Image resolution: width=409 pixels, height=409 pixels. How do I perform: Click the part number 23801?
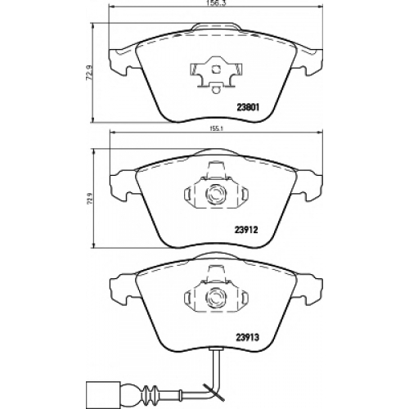tap(247, 108)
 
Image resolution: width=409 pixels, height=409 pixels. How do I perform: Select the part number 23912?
tap(246, 231)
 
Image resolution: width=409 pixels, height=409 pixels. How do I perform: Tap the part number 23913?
tap(247, 338)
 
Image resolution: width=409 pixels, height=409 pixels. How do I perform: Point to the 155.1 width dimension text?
tap(216, 130)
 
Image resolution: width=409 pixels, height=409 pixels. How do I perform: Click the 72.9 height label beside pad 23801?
tap(89, 73)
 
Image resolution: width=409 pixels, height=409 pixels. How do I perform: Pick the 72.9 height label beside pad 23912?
tap(89, 199)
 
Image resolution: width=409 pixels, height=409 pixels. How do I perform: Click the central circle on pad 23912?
tap(215, 194)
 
